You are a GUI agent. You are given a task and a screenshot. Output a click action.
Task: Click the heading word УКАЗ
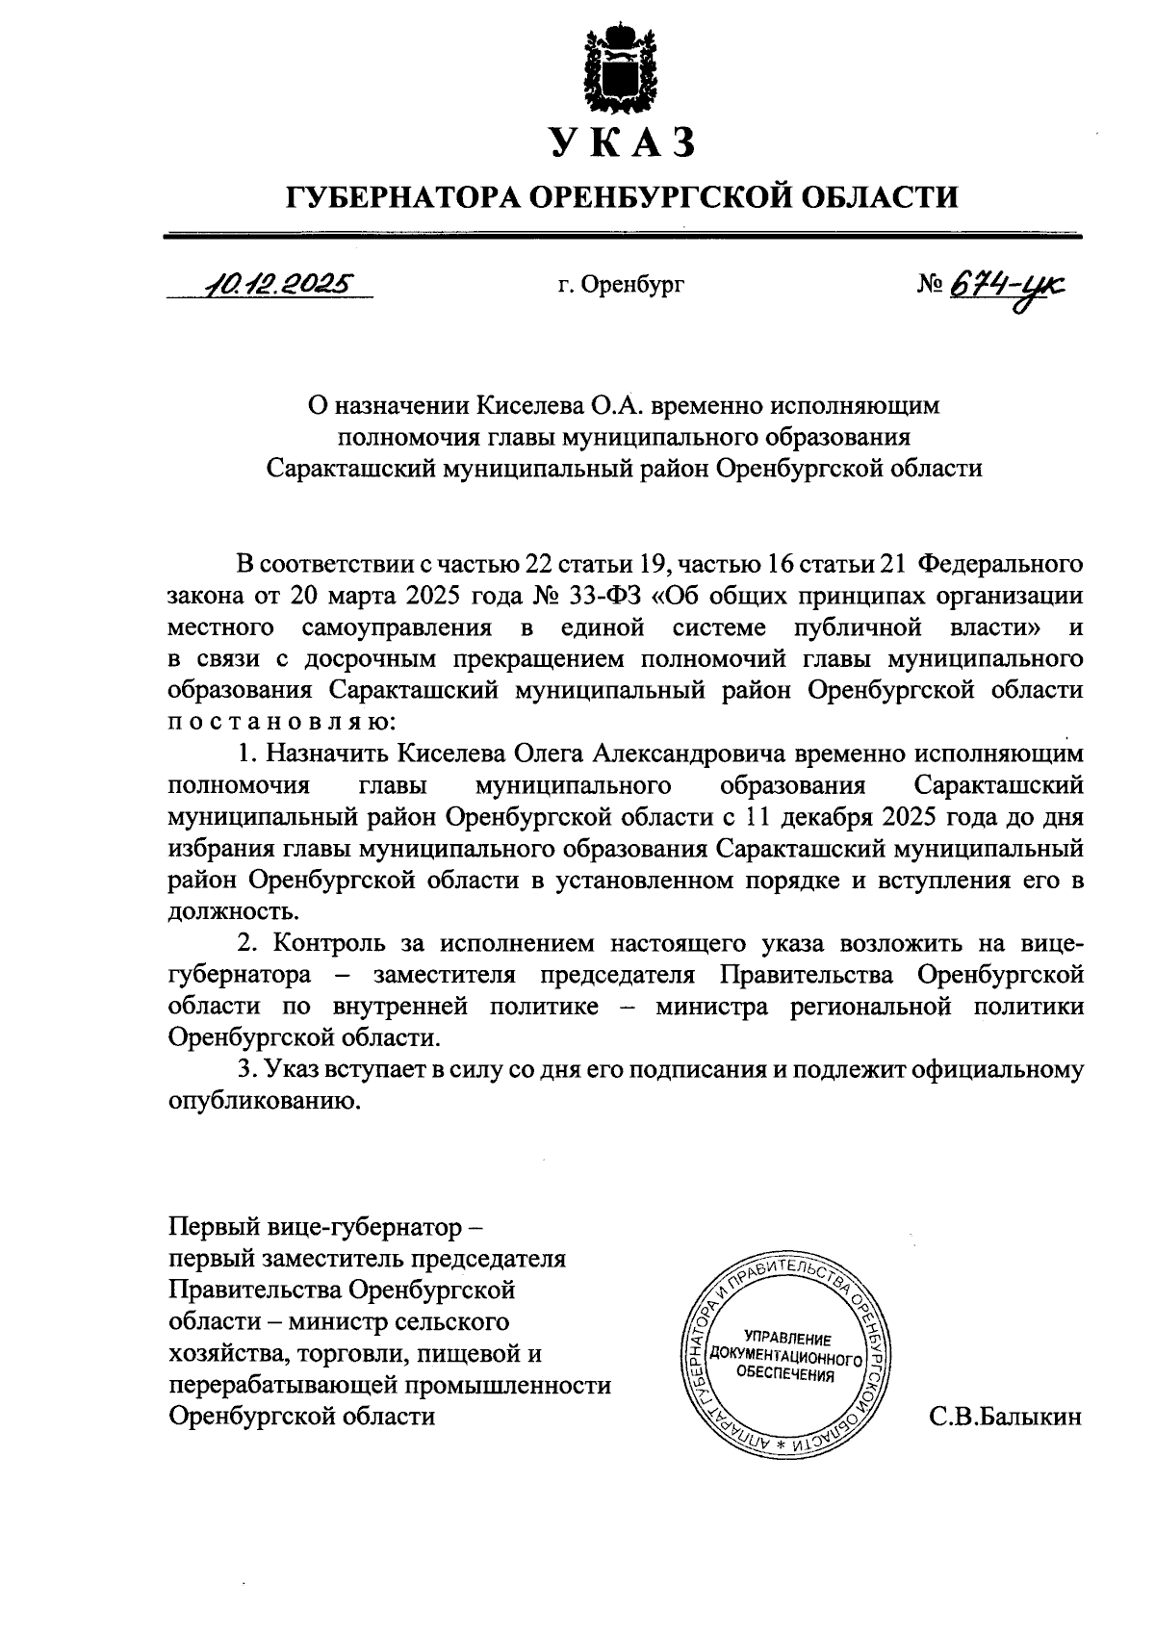click(622, 143)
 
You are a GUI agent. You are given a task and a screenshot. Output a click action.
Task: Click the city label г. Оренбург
click(621, 285)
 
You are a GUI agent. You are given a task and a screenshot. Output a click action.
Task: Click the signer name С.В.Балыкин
click(1006, 1417)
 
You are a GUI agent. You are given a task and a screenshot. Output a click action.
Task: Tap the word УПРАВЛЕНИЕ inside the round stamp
click(787, 1339)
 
